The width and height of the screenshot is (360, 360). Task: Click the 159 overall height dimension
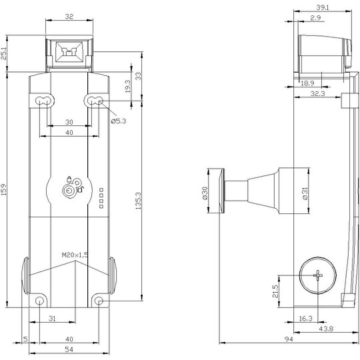4,189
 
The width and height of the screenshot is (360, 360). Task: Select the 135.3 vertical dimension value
138,201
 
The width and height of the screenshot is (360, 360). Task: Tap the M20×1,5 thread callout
75,255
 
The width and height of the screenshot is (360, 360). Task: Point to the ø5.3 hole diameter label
119,121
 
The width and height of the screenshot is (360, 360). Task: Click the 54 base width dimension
69,349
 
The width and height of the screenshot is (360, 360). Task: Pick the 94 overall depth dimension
289,339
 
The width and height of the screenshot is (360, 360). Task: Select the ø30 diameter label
205,193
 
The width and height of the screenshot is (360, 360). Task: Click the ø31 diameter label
305,193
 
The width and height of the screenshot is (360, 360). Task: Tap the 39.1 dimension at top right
323,7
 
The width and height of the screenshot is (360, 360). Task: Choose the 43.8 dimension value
326,329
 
